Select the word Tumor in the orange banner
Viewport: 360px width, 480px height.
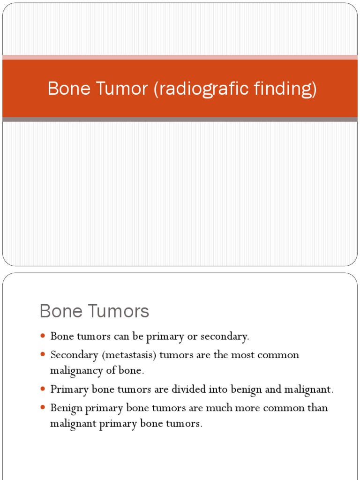[123, 89]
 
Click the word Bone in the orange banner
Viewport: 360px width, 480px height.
[68, 89]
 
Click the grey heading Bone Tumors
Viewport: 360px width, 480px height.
[94, 311]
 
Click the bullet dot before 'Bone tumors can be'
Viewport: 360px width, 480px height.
[43, 336]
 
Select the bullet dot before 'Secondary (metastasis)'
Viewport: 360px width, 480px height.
[43, 354]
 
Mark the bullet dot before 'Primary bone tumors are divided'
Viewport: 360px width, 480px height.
[43, 389]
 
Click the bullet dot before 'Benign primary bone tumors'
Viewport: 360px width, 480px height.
[43, 408]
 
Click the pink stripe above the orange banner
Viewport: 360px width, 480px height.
[180, 57]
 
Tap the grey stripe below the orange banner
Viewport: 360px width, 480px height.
[180, 120]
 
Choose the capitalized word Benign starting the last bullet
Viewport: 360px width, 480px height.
[66, 408]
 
